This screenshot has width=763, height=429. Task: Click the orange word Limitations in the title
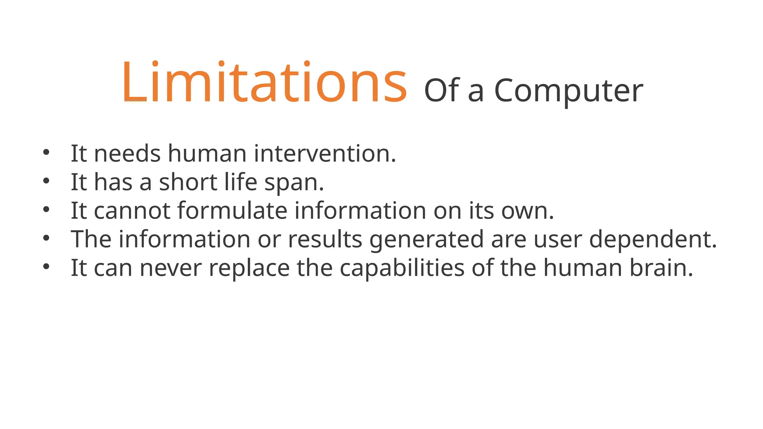tap(264, 83)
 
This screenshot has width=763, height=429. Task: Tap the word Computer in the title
tap(569, 92)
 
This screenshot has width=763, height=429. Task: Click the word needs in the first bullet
tap(127, 153)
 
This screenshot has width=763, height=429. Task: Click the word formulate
tap(232, 211)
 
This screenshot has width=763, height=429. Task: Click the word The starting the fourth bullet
tap(91, 239)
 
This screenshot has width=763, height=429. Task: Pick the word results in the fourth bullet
tap(325, 239)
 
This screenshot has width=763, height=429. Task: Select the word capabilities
tap(402, 268)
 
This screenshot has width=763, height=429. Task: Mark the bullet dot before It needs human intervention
tap(46, 152)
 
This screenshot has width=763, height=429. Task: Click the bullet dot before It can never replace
tap(46, 267)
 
